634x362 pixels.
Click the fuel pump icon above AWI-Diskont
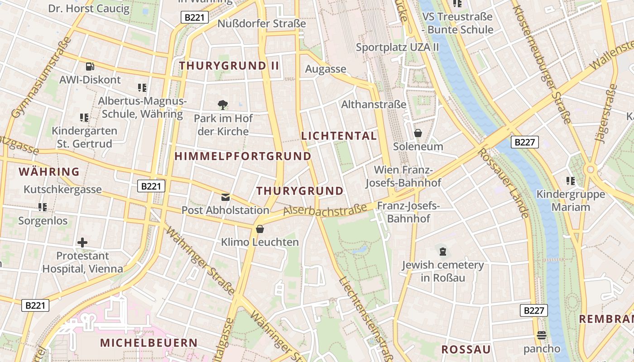point(90,66)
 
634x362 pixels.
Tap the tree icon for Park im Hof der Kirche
point(222,105)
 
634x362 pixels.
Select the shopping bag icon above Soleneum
point(418,133)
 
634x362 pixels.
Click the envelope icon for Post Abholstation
point(225,197)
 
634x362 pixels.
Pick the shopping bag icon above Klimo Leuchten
point(259,229)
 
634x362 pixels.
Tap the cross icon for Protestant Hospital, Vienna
point(82,243)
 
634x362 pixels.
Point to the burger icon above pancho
point(542,335)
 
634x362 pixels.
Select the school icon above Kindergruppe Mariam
point(570,181)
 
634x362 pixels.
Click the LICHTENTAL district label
point(339,136)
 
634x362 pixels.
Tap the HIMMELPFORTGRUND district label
point(243,157)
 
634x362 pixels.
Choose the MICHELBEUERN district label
point(149,343)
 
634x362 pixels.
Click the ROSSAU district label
point(466,349)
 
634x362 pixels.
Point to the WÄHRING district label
point(49,172)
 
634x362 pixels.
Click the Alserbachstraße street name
point(325,210)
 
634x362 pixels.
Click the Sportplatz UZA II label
point(397,47)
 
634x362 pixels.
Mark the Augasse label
point(326,69)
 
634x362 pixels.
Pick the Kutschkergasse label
point(62,189)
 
